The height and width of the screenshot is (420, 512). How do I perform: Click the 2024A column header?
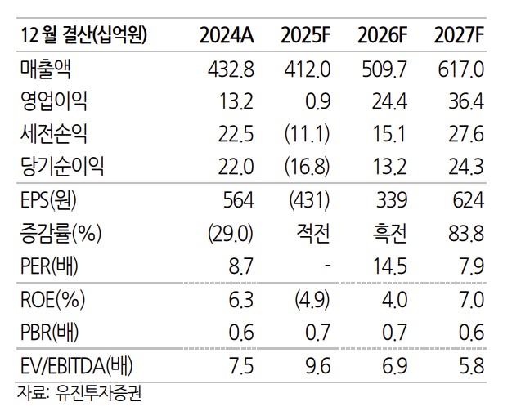point(229,35)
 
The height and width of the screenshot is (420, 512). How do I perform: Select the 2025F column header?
point(305,35)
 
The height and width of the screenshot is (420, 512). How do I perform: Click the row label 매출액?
point(41,69)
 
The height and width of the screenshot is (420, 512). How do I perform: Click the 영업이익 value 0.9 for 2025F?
point(317,101)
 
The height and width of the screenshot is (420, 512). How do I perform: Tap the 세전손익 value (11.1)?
point(308,135)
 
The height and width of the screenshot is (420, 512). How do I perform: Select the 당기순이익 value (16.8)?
point(307,168)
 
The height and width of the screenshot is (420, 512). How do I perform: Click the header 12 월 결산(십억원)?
point(84,35)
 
